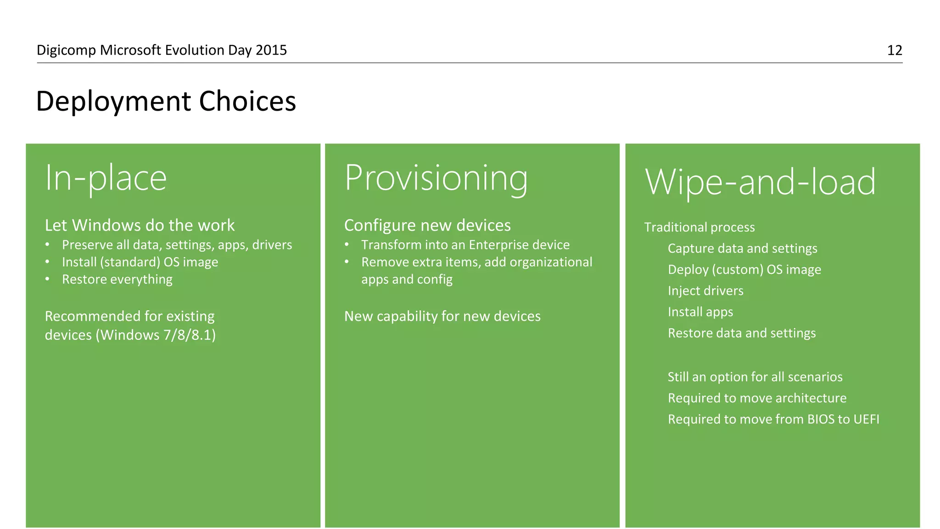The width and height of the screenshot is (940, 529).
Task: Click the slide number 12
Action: [x=894, y=50]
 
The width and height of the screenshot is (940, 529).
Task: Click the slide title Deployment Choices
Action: [x=166, y=101]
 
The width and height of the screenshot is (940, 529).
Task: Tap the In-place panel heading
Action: [x=106, y=178]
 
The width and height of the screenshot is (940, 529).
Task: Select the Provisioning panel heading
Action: [x=436, y=178]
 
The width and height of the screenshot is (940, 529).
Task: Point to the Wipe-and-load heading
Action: [x=760, y=182]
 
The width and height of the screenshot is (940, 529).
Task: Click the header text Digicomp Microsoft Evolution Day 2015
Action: [x=162, y=50]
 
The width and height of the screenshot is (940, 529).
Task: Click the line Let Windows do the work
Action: [x=140, y=225]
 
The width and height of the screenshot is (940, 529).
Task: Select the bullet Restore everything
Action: [x=117, y=279]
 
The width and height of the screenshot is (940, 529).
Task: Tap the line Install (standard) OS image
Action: [x=140, y=262]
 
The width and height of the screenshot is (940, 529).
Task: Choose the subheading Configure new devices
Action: [x=427, y=225]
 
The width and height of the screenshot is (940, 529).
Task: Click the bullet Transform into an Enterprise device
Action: [x=465, y=245]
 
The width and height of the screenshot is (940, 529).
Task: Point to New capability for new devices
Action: [x=442, y=316]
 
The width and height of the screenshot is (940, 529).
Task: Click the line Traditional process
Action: [x=699, y=227]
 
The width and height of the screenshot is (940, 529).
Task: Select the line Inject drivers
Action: [x=705, y=291]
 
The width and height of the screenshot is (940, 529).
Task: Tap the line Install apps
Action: [x=700, y=312]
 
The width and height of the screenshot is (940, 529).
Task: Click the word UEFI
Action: [x=866, y=419]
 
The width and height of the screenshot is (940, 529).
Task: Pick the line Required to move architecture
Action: [x=757, y=398]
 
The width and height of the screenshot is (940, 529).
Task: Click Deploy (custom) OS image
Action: [x=744, y=270]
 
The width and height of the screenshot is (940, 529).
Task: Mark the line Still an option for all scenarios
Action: [x=755, y=377]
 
